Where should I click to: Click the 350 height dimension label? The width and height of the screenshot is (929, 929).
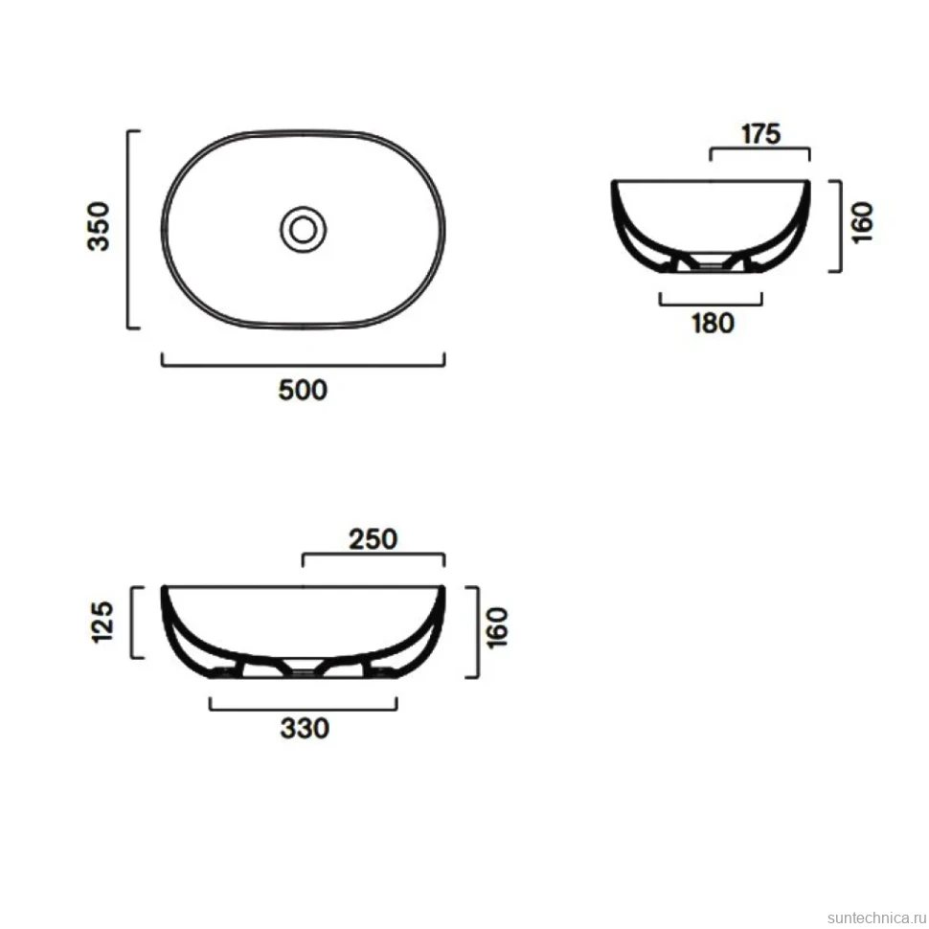click(99, 227)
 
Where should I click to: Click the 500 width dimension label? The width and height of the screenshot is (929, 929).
click(303, 391)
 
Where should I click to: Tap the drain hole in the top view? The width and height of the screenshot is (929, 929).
click(303, 229)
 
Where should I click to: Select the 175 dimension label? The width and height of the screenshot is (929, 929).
click(760, 134)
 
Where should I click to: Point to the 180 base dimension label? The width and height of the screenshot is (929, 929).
click(713, 324)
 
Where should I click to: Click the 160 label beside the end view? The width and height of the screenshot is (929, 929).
click(863, 221)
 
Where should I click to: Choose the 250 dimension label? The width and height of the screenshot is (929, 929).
click(373, 539)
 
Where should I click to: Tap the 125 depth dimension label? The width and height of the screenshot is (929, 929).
click(102, 623)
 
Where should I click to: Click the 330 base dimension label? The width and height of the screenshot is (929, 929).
click(305, 729)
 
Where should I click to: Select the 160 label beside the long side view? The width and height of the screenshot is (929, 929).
click(498, 628)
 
